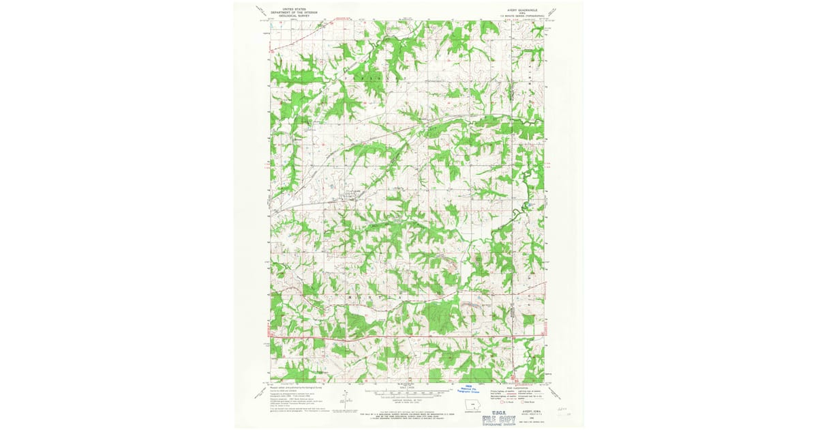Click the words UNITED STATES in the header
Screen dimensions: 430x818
click(284, 6)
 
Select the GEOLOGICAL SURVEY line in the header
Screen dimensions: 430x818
click(284, 13)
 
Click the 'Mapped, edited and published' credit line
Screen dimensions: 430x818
click(299, 386)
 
